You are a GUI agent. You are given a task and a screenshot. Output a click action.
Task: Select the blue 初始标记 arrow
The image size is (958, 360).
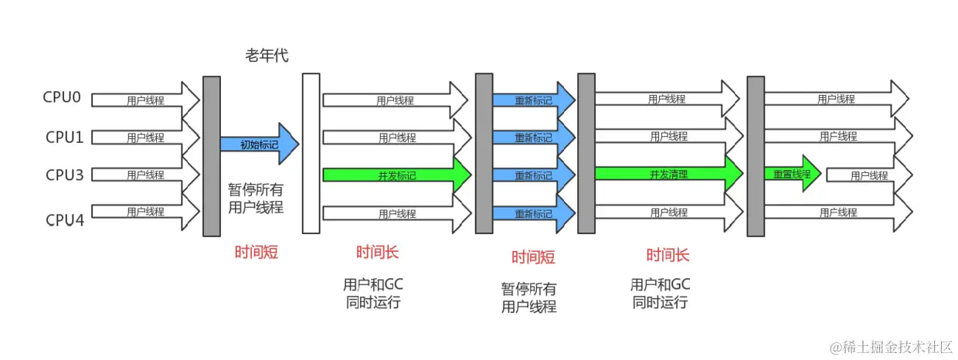pyautogui.click(x=258, y=144)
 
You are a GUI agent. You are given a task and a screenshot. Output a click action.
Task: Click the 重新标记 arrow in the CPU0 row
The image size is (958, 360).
pyautogui.click(x=534, y=100)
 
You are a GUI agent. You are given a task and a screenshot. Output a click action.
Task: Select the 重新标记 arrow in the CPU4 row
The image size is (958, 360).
pyautogui.click(x=534, y=212)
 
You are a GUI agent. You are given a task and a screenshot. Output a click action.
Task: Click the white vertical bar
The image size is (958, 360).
pyautogui.click(x=311, y=153)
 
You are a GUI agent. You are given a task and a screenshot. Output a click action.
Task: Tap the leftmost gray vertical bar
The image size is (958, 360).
pyautogui.click(x=211, y=156)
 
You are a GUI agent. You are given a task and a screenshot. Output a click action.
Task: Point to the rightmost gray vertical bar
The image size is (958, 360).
pyautogui.click(x=755, y=156)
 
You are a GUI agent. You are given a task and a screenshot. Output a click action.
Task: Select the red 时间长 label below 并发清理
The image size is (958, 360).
pyautogui.click(x=668, y=254)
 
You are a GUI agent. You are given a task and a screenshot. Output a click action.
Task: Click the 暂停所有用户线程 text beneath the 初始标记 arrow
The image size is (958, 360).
pyautogui.click(x=256, y=198)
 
